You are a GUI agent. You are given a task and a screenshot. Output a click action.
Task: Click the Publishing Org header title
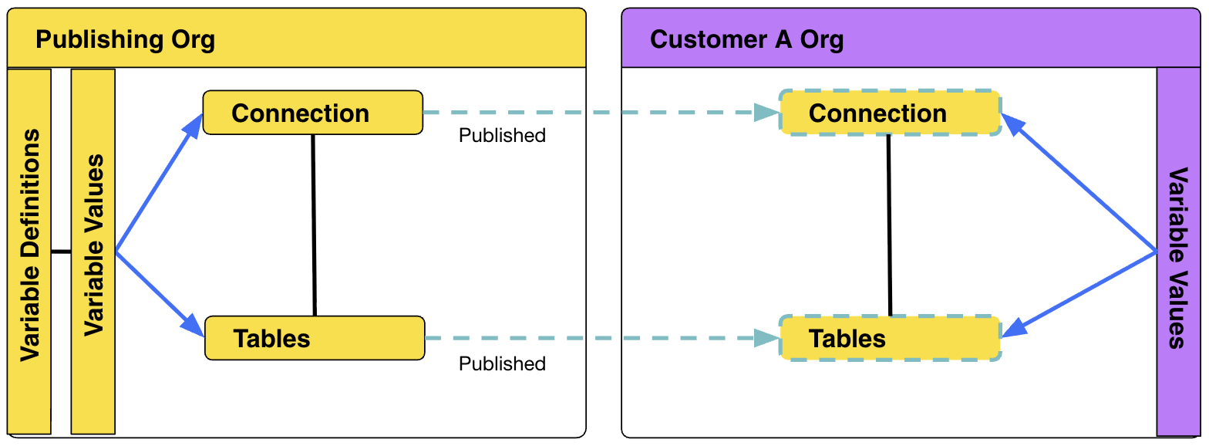[x=125, y=39]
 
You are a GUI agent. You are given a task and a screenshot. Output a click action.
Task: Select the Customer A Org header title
[x=746, y=39]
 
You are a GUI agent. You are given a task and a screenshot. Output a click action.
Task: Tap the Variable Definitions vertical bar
[x=29, y=247]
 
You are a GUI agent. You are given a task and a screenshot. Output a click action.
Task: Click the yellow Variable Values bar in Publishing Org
[x=93, y=247]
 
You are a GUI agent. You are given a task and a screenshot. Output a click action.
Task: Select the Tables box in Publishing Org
[x=314, y=338]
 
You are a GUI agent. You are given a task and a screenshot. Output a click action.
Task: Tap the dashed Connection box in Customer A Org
[x=890, y=113]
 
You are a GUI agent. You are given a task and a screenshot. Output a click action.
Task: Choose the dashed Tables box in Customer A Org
[x=890, y=338]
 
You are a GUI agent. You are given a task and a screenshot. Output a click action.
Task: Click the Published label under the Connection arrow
[x=502, y=136]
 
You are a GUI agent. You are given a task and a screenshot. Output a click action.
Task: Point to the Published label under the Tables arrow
[x=502, y=363]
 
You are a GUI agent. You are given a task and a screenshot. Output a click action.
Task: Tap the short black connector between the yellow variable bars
[x=61, y=252]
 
